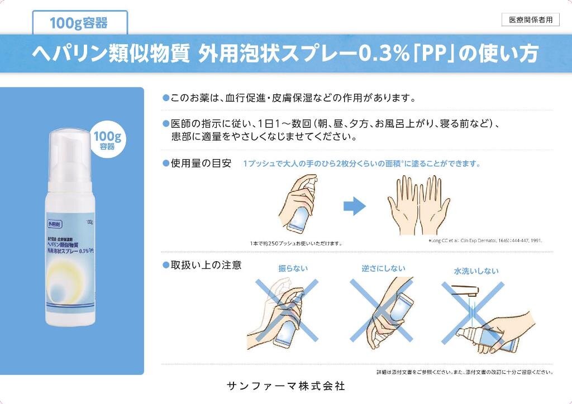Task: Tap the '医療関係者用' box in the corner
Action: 530,20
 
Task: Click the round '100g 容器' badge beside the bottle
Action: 107,140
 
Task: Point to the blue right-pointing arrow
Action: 354,206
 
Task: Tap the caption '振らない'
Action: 293,268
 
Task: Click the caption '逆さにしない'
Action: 383,268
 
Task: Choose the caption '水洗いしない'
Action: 476,271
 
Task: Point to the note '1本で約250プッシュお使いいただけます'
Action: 295,243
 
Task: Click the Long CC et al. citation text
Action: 488,241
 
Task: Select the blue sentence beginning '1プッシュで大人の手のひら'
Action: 362,164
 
